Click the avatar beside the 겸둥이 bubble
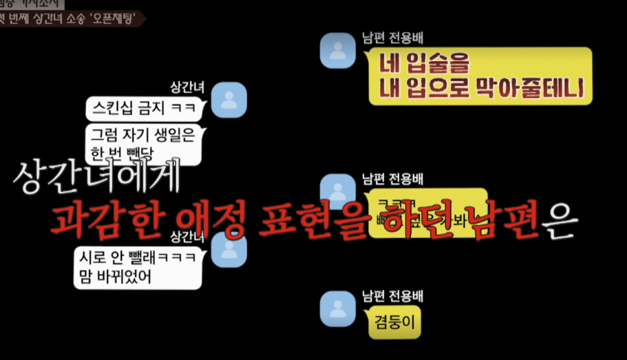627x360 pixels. [338, 308]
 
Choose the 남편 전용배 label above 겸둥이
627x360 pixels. [393, 297]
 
